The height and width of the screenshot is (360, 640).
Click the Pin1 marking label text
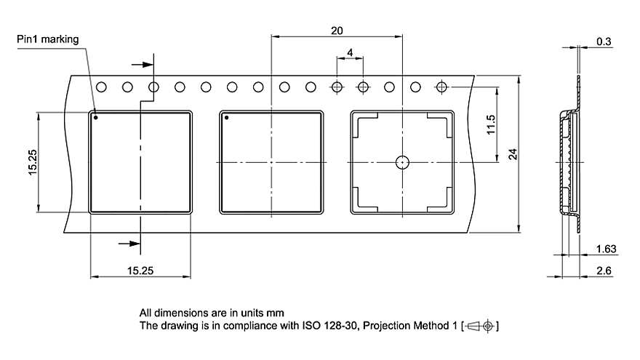(x=48, y=39)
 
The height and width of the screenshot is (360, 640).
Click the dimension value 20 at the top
(x=336, y=31)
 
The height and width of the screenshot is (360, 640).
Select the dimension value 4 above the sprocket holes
(x=350, y=53)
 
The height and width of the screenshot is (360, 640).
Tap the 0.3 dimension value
(x=604, y=42)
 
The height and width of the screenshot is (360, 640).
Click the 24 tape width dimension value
(x=513, y=153)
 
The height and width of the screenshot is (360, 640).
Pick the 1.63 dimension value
(x=606, y=249)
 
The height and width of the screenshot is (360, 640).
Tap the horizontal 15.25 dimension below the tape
(x=140, y=271)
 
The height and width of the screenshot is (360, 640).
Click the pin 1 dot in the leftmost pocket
(x=96, y=116)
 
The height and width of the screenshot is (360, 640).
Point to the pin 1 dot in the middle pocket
(x=226, y=117)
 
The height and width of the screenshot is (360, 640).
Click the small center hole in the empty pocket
(x=402, y=162)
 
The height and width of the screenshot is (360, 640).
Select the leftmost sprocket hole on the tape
(x=101, y=87)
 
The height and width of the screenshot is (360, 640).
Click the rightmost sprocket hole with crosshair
(x=441, y=87)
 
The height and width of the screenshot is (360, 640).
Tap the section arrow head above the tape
(x=148, y=64)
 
